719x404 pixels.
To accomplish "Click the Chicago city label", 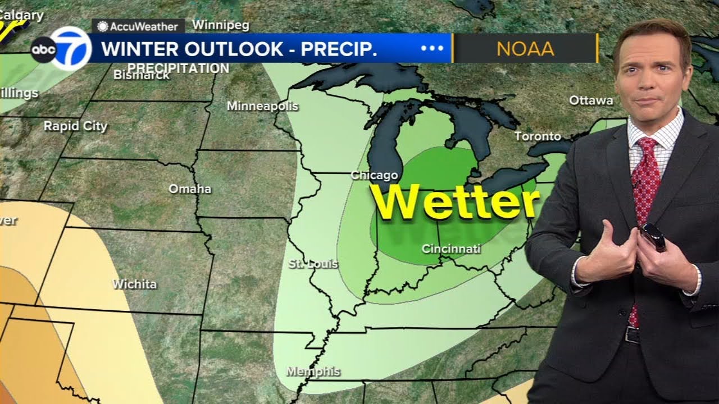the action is pos(374,176).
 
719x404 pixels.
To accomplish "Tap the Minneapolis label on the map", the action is pos(262,106).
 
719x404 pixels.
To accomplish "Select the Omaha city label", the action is pos(190,189).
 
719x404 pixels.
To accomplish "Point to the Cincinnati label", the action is pos(452,249).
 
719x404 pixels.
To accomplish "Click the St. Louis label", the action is pos(313,264).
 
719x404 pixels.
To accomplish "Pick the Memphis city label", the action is pos(313,371).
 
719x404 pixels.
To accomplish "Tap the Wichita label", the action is pos(134,284).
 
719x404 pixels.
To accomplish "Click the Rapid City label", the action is pos(75,126).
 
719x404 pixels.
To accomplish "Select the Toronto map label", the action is pos(538,136).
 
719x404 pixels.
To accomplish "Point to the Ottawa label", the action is pos(591,100).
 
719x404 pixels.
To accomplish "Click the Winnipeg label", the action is pos(221,25).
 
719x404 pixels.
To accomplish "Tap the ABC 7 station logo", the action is pos(62,49).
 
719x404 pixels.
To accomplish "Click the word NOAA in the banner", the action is pos(525,49).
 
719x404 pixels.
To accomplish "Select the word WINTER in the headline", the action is pos(142,49).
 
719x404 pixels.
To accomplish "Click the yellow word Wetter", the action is pos(455,202).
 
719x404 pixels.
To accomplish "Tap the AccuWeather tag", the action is pos(138,26).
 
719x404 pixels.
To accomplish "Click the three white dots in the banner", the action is pos(432,48).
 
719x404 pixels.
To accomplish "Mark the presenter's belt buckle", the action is pos(632,335).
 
